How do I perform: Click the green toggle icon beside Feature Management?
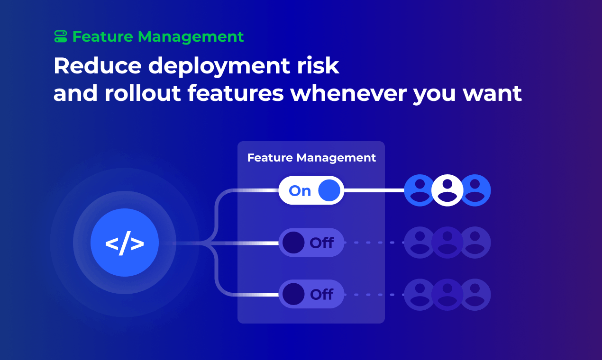click(61, 36)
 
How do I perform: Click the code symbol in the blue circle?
click(125, 243)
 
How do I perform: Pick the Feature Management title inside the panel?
click(311, 158)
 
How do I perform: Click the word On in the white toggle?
click(300, 191)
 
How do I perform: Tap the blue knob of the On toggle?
click(329, 190)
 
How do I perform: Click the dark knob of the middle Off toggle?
click(293, 243)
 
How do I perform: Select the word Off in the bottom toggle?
click(322, 295)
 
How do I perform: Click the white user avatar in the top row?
click(447, 190)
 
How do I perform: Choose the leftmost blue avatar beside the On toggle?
click(420, 190)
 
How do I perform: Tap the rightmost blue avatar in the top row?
click(475, 190)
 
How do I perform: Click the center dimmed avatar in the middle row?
click(447, 243)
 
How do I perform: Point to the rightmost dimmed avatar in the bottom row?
click(475, 295)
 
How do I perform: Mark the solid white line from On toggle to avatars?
click(374, 190)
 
